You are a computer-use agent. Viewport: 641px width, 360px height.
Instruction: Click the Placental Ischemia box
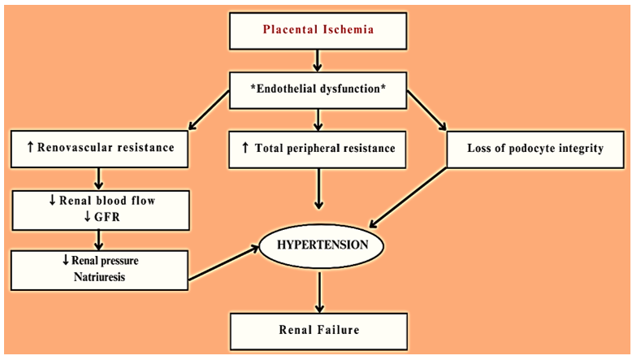click(x=318, y=33)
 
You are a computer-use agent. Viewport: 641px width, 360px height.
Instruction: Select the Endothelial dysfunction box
click(x=318, y=87)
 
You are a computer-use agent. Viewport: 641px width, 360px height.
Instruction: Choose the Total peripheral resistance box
click(x=318, y=149)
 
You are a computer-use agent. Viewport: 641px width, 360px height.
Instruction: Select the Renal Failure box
click(x=318, y=330)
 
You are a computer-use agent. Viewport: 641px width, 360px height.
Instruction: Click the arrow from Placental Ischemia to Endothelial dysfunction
click(x=318, y=60)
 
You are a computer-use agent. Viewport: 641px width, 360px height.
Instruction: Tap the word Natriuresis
click(x=99, y=277)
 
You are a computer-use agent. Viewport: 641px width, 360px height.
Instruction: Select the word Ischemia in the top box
click(x=347, y=33)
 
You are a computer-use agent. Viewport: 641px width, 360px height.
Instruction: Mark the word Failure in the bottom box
click(x=339, y=330)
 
